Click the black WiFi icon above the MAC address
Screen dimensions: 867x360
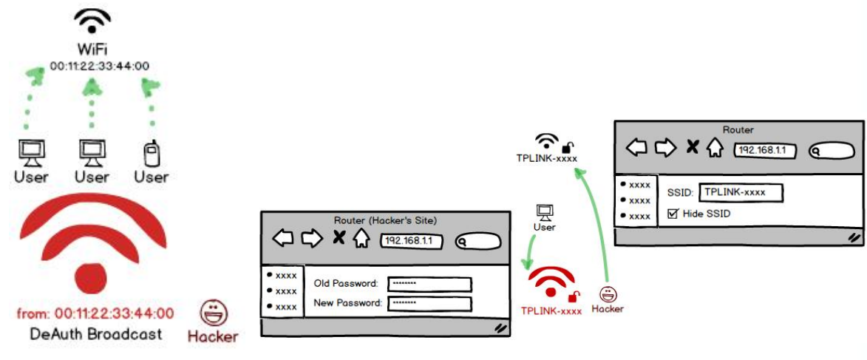click(x=92, y=22)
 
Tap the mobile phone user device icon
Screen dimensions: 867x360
click(x=151, y=154)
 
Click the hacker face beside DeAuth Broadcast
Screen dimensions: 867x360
click(x=213, y=313)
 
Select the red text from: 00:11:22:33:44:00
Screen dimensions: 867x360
click(x=95, y=313)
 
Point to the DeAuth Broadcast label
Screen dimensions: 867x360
click(x=95, y=334)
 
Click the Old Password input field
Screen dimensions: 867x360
click(x=429, y=283)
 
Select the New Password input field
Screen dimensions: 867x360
click(x=429, y=303)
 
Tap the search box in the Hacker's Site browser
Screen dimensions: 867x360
click(x=478, y=241)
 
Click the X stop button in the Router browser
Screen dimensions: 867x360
click(x=692, y=147)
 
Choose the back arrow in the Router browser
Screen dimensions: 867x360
click(x=637, y=147)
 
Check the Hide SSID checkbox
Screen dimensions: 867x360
click(x=673, y=214)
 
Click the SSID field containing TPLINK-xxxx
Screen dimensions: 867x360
click(x=741, y=192)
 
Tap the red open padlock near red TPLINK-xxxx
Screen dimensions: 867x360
click(x=573, y=296)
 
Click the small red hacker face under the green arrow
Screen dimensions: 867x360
click(x=608, y=294)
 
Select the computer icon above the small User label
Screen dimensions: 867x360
click(x=544, y=212)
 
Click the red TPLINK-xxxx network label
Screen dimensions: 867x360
click(x=551, y=311)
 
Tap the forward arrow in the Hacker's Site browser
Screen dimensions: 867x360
click(x=312, y=238)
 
